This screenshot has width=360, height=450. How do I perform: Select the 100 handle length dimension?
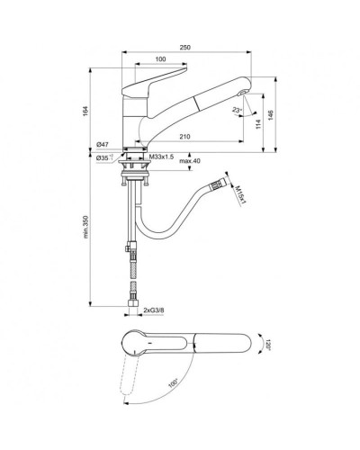click(158, 60)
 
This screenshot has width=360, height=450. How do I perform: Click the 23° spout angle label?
click(236, 112)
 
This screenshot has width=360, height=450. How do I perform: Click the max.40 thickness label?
click(189, 161)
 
